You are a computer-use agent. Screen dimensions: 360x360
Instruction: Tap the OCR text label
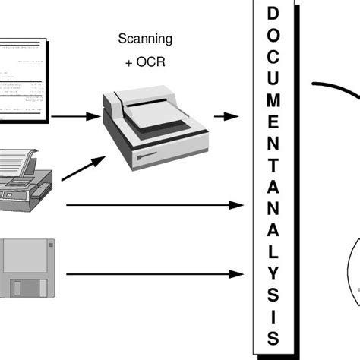point(146,60)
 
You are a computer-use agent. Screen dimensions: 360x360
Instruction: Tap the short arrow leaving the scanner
point(224,116)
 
